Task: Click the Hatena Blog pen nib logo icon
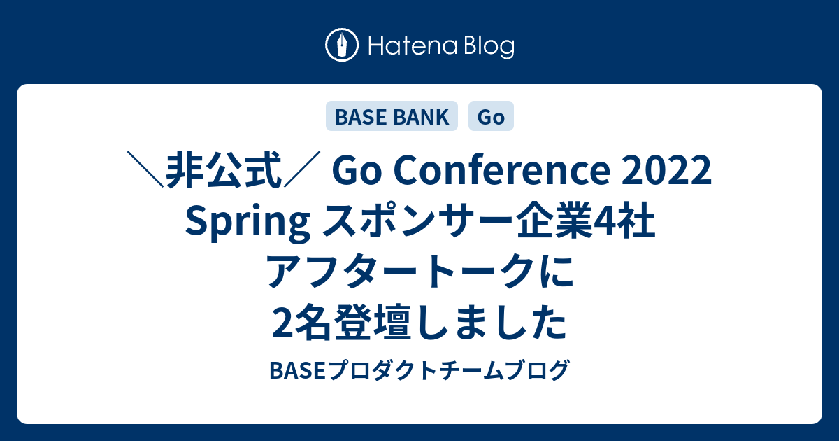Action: click(x=342, y=45)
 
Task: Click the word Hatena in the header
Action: click(x=413, y=45)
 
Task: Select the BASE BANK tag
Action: click(x=392, y=116)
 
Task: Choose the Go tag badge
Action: click(x=491, y=116)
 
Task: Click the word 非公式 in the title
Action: click(x=224, y=170)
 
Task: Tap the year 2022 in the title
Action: click(x=667, y=171)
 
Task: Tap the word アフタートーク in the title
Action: click(x=400, y=271)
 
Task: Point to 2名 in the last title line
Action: click(x=301, y=322)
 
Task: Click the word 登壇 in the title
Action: click(x=370, y=322)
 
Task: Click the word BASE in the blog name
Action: click(x=297, y=370)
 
